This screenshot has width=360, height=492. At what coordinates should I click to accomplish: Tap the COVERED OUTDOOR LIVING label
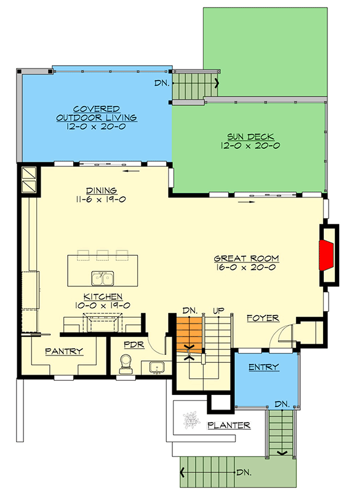[x=95, y=113]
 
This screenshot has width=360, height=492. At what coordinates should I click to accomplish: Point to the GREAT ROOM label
[x=246, y=259]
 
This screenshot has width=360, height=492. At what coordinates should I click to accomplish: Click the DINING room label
[x=102, y=190]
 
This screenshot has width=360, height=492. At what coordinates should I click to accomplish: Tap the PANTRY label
[x=64, y=351]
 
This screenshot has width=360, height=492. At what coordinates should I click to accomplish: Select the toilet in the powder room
[x=126, y=363]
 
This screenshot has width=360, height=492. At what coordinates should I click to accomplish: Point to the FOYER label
[x=263, y=319]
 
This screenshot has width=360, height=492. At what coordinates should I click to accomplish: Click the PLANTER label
[x=228, y=425]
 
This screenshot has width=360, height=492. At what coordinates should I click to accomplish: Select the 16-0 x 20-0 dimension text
[x=246, y=268]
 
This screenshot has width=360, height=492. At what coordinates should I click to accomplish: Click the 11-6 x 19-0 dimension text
[x=102, y=199]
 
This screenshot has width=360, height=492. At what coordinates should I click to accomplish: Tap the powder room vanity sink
[x=157, y=368]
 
